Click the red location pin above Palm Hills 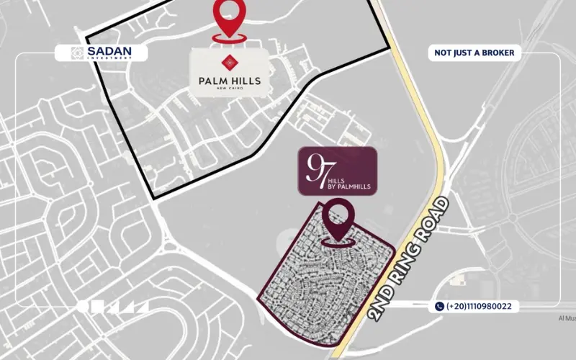pyautogui.click(x=228, y=18)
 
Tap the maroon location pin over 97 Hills pyautogui.click(x=337, y=218)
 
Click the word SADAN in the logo pyautogui.click(x=106, y=51)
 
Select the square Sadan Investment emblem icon pyautogui.click(x=78, y=53)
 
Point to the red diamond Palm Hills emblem pyautogui.click(x=230, y=61)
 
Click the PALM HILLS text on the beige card pyautogui.click(x=230, y=81)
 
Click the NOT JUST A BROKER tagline pyautogui.click(x=473, y=53)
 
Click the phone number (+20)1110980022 pyautogui.click(x=479, y=306)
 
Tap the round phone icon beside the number pyautogui.click(x=439, y=306)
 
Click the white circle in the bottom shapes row pyautogui.click(x=83, y=306)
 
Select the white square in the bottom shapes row pyautogui.click(x=98, y=306)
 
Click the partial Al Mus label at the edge pyautogui.click(x=567, y=318)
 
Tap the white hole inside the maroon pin pyautogui.click(x=337, y=213)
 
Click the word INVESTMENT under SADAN pyautogui.click(x=106, y=59)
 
